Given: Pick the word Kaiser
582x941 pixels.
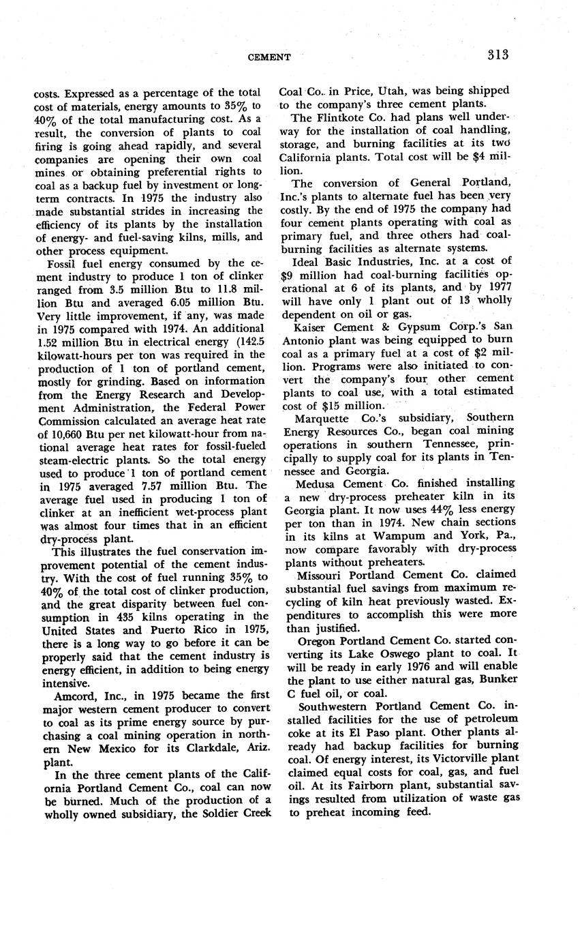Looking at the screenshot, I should coord(311,327).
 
